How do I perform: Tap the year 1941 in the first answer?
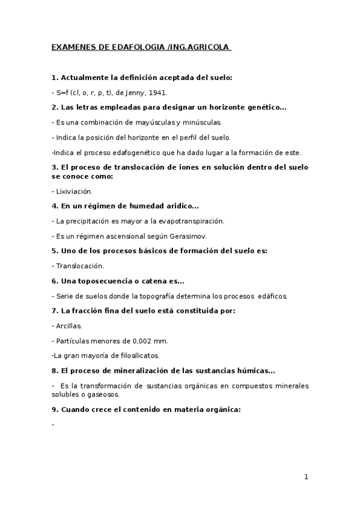pyautogui.click(x=158, y=93)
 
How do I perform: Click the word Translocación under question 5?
pyautogui.click(x=80, y=265)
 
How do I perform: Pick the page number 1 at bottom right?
pyautogui.click(x=306, y=477)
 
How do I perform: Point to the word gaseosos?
pyautogui.click(x=104, y=395)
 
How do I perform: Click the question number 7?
pyautogui.click(x=54, y=310)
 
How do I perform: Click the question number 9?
pyautogui.click(x=54, y=409)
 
